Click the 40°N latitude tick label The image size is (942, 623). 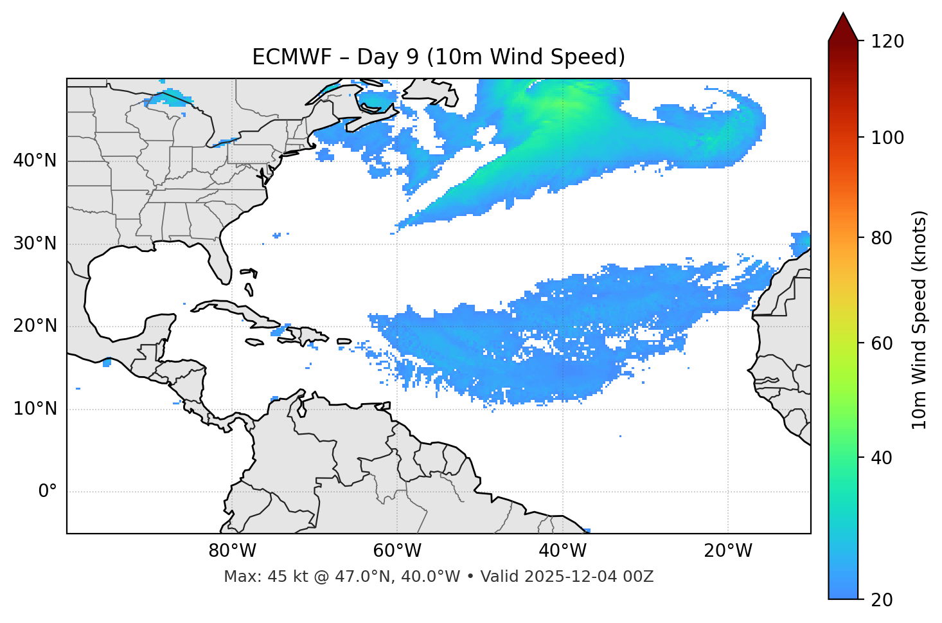[x=35, y=161]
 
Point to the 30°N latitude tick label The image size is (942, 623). [x=35, y=244]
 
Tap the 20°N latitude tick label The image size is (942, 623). [x=35, y=326]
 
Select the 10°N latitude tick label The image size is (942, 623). [x=35, y=409]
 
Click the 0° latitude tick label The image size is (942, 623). [x=48, y=492]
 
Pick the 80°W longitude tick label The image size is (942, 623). [x=232, y=551]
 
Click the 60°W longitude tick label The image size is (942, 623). [x=397, y=551]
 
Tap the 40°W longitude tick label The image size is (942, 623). [x=562, y=551]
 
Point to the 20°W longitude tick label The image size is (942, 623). [x=727, y=551]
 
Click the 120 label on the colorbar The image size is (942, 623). [x=887, y=42]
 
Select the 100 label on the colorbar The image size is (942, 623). [x=887, y=138]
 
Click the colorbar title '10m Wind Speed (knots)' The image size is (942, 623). [x=920, y=320]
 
